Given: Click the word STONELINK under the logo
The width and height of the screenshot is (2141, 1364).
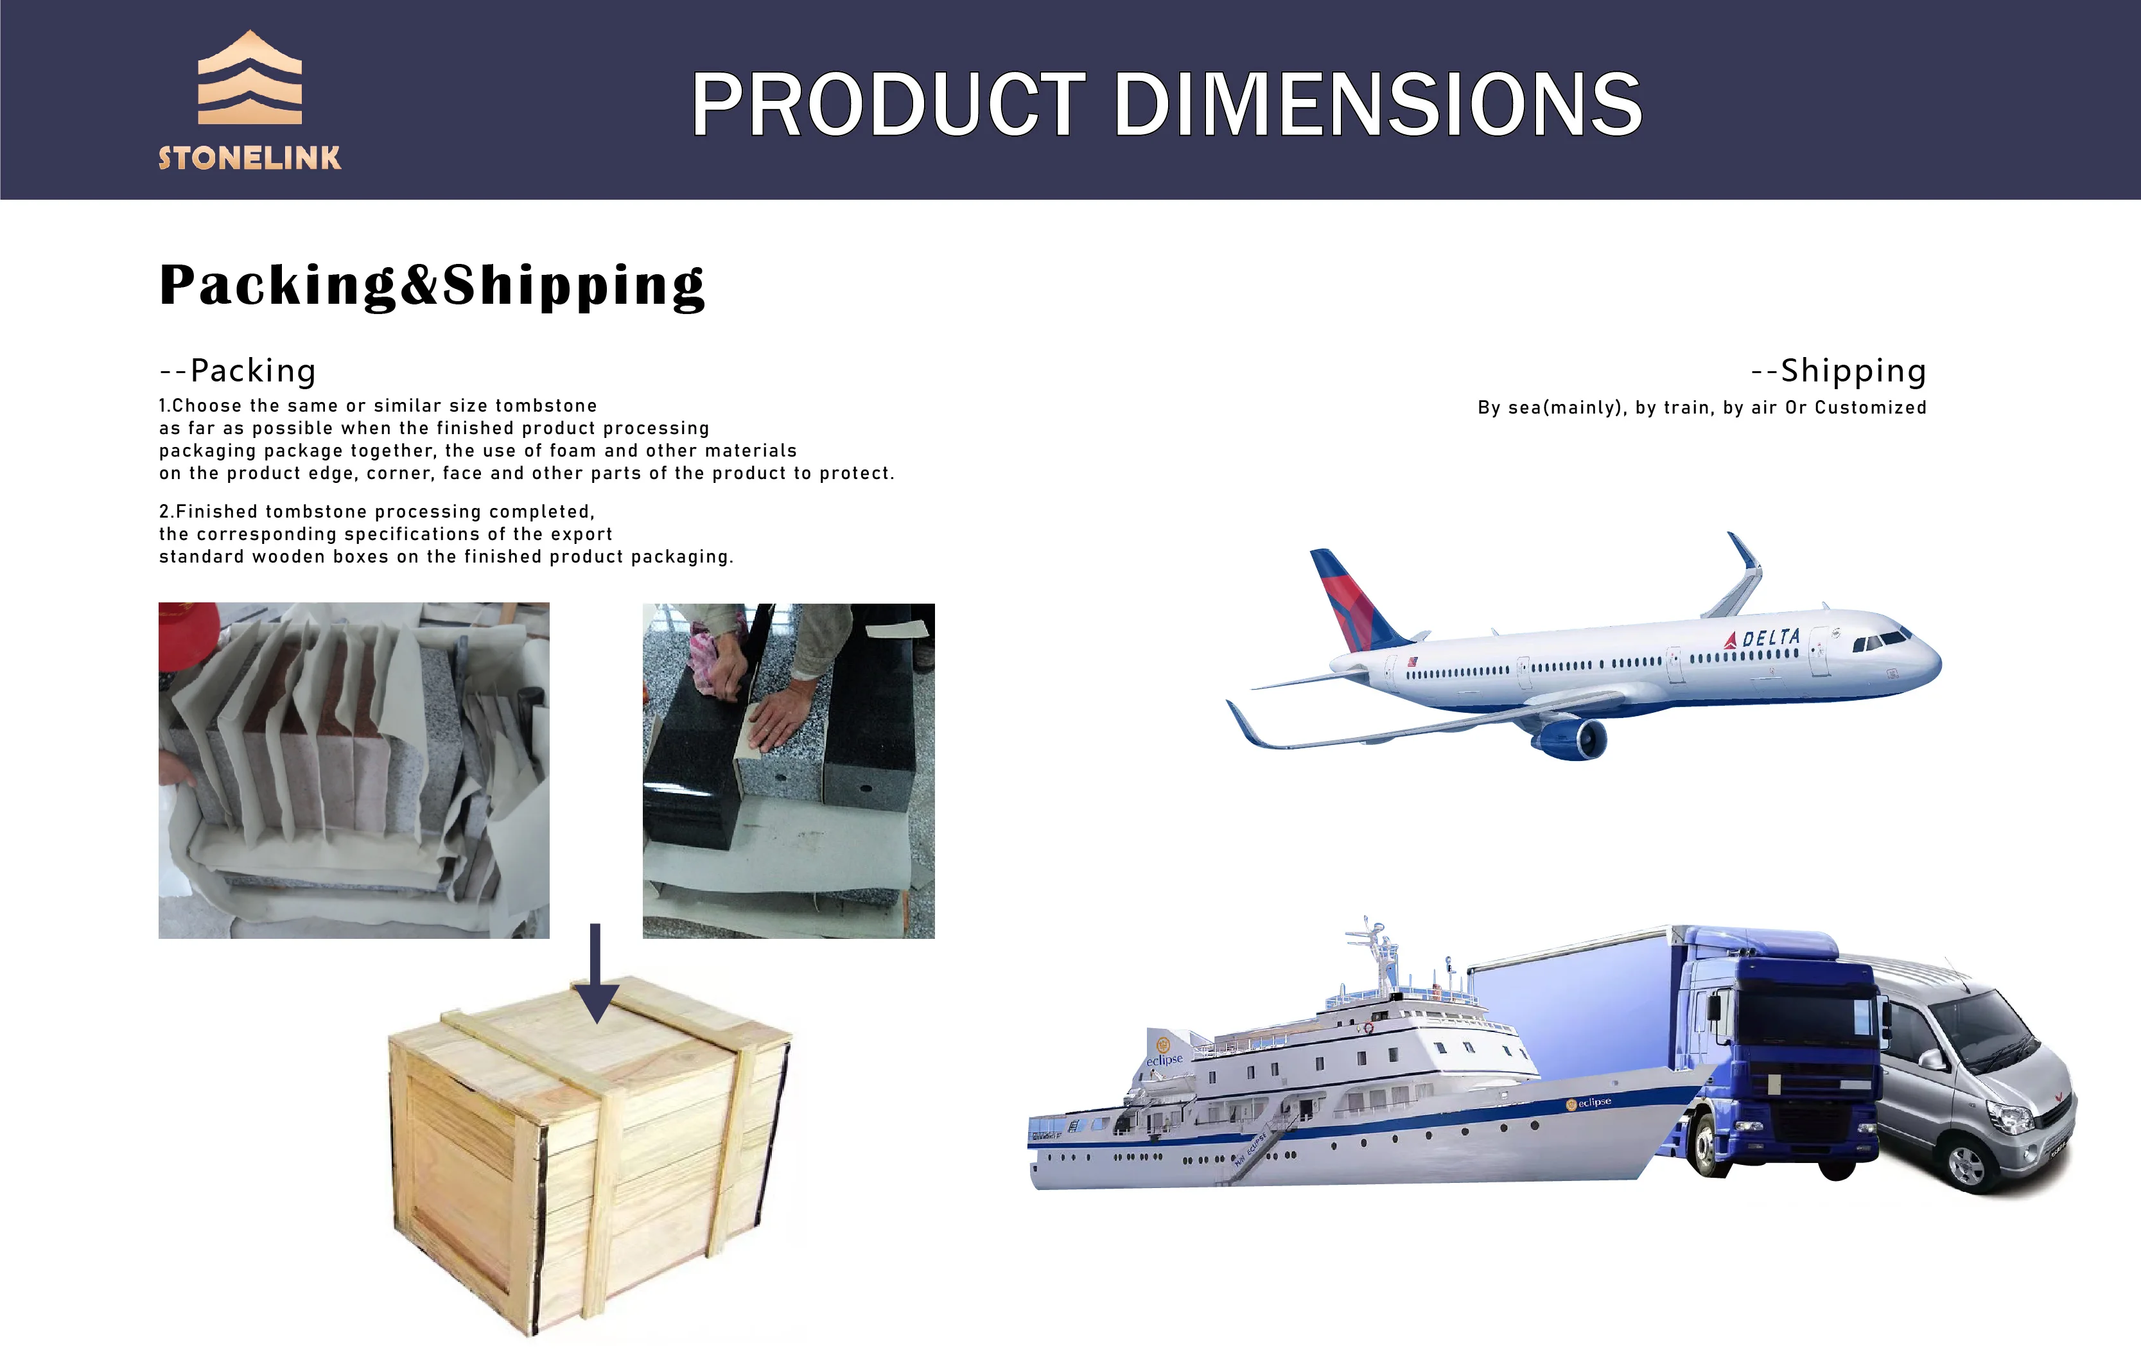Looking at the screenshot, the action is click(x=250, y=158).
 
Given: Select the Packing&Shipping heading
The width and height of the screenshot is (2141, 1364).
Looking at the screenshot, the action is click(x=432, y=285).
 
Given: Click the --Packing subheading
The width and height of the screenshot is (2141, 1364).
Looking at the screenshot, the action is click(x=238, y=371).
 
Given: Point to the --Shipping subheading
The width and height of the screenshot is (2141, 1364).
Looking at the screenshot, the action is click(x=1839, y=370).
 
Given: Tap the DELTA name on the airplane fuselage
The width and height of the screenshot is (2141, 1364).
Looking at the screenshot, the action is click(x=1770, y=638).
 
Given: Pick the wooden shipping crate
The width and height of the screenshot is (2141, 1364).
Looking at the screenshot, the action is click(x=590, y=1156).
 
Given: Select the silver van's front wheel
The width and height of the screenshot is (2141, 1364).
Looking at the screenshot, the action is click(x=1966, y=1163).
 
